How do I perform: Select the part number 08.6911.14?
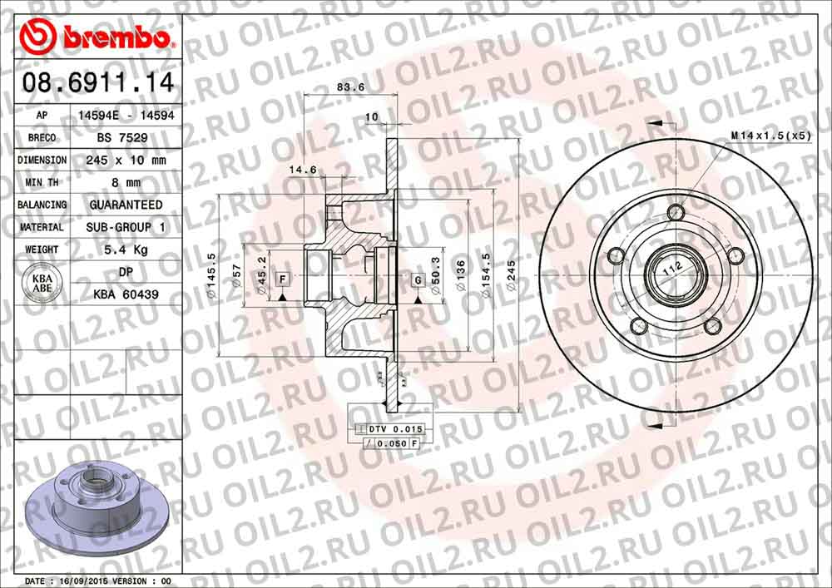[x=97, y=82]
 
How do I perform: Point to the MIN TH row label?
[x=42, y=182]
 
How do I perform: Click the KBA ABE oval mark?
[x=42, y=282]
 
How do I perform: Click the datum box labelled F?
[x=282, y=277]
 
